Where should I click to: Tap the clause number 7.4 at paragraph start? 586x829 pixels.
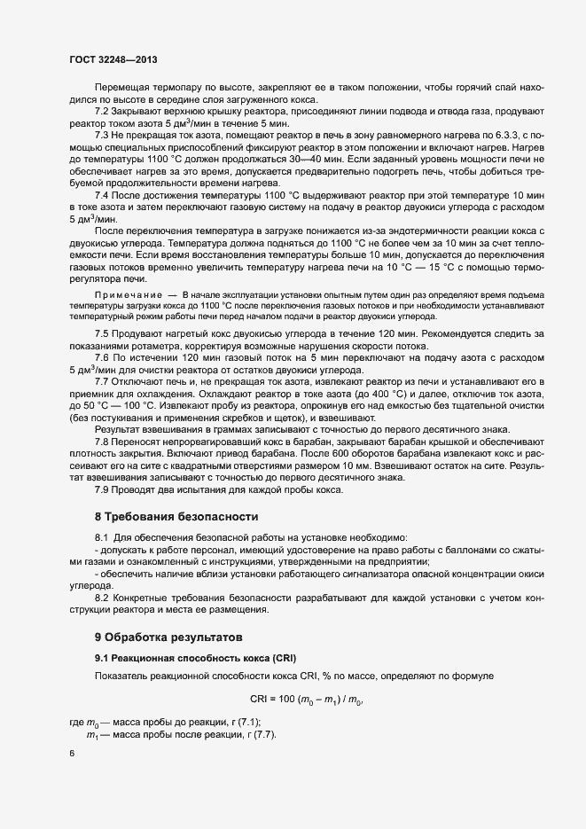(x=102, y=194)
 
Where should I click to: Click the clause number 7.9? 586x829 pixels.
(x=102, y=489)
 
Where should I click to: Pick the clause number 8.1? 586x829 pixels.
(x=102, y=538)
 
